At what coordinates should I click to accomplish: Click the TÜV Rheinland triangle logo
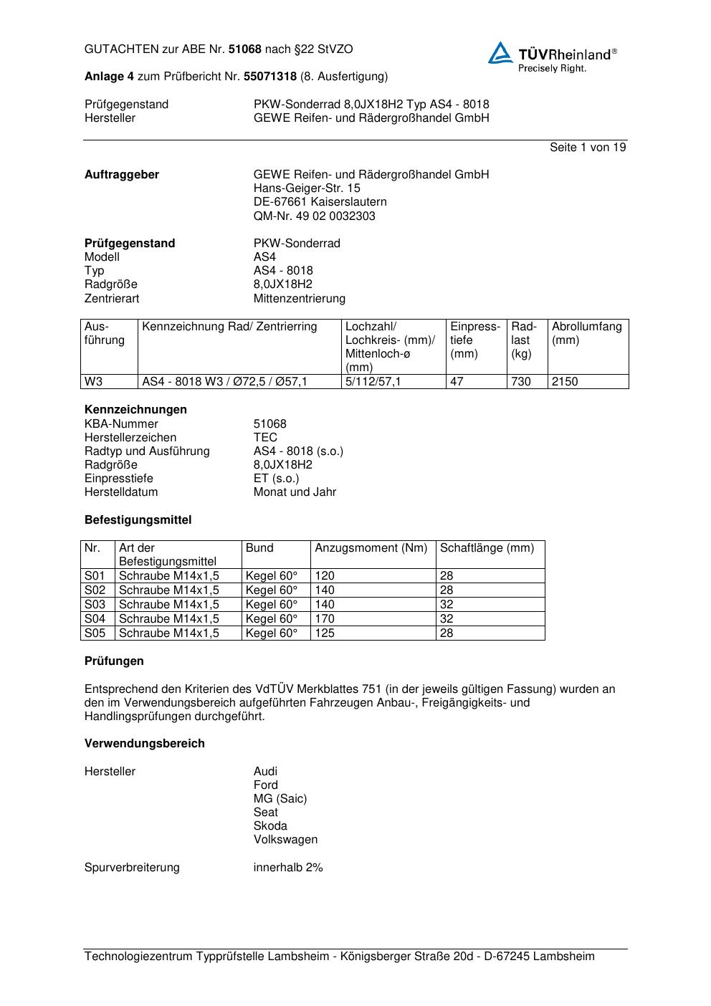(x=500, y=53)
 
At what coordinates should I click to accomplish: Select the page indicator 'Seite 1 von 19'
(x=588, y=148)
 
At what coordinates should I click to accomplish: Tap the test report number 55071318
(x=270, y=77)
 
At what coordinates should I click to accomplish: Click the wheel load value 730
(x=521, y=382)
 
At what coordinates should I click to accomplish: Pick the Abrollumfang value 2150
(x=565, y=382)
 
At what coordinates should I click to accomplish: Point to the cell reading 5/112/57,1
(x=373, y=382)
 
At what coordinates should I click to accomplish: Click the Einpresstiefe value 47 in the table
(x=457, y=382)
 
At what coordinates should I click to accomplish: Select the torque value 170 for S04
(x=325, y=619)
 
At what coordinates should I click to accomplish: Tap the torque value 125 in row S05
(x=325, y=633)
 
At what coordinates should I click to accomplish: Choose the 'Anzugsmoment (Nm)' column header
(x=371, y=548)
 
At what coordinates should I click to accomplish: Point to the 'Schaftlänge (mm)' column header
(x=487, y=548)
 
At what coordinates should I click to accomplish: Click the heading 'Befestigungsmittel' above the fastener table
(x=138, y=520)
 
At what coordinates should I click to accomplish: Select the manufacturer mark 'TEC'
(x=265, y=438)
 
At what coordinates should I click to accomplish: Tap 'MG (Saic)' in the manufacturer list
(x=280, y=799)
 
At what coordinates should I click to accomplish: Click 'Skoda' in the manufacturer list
(x=270, y=826)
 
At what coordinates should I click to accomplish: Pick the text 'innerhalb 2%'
(x=288, y=868)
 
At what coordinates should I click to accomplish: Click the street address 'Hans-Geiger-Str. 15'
(x=307, y=188)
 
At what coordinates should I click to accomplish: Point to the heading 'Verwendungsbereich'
(x=144, y=744)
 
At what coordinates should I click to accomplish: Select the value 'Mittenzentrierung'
(x=299, y=299)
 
